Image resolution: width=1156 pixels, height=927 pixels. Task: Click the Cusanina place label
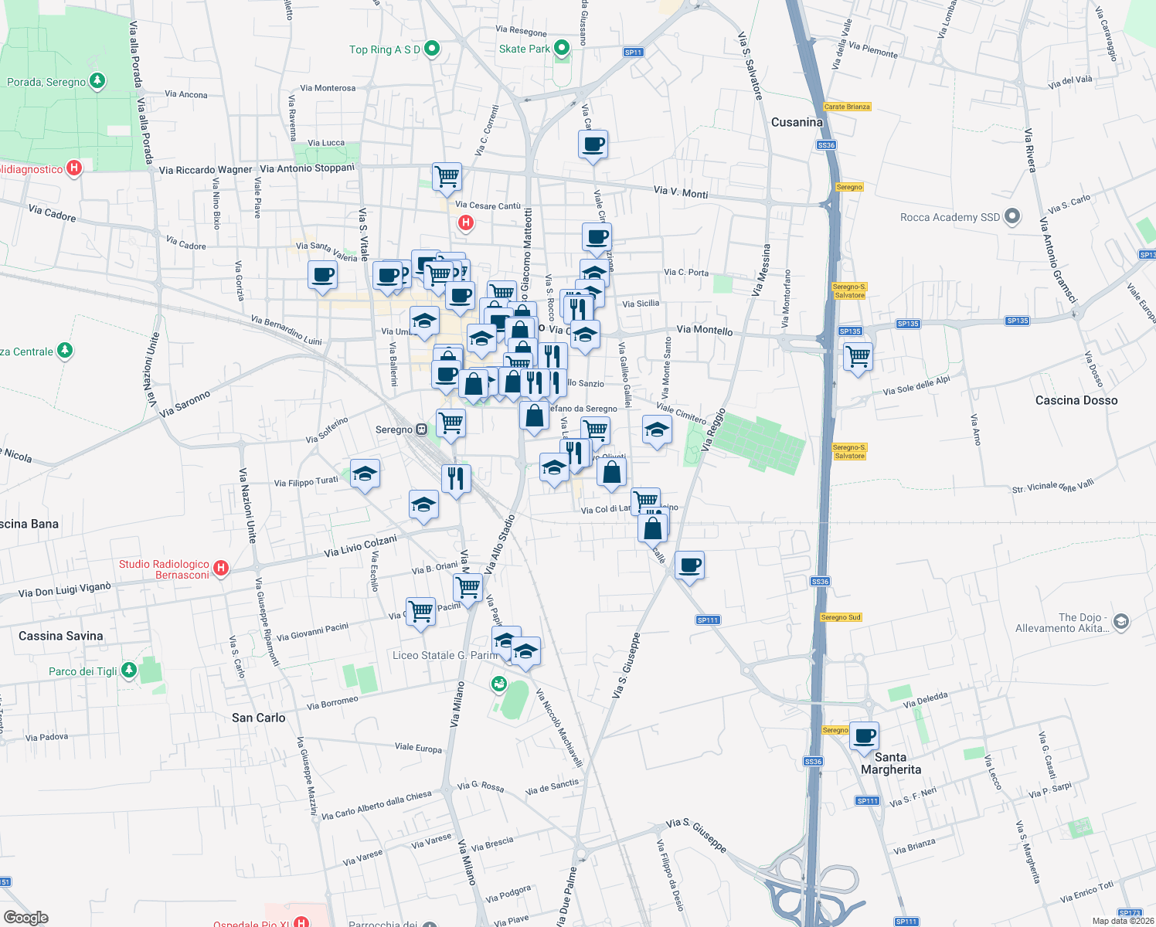[x=797, y=122]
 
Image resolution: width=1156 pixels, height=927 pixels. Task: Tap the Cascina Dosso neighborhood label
[x=1076, y=400]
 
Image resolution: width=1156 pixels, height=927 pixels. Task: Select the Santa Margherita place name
[x=891, y=763]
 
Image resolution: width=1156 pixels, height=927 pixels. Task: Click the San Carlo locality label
[x=258, y=718]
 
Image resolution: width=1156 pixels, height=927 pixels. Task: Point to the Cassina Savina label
[x=60, y=636]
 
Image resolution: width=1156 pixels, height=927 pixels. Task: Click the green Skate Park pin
[x=562, y=48]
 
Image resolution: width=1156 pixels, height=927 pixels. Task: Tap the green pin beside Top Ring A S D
[x=432, y=49]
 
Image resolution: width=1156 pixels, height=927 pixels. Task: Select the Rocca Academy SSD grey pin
[x=1012, y=217]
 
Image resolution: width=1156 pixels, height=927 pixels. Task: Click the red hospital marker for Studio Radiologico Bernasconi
[x=221, y=569]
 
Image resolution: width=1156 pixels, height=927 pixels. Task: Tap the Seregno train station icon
[x=422, y=430]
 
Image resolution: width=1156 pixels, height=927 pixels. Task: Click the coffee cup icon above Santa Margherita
[x=865, y=735]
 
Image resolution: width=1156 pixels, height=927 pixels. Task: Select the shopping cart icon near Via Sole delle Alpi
[x=858, y=357]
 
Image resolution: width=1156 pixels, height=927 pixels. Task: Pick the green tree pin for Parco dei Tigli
[x=129, y=670]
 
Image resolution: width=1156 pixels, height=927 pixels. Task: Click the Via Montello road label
[x=704, y=330]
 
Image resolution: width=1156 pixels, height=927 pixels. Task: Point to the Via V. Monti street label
[x=680, y=192]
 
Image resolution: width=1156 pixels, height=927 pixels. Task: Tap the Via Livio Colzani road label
[x=360, y=546]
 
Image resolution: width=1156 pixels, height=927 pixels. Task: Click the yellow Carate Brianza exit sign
[x=847, y=107]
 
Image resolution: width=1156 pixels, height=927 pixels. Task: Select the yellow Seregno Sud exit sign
[x=841, y=617]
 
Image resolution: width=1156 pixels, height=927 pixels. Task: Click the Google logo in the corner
[x=25, y=917]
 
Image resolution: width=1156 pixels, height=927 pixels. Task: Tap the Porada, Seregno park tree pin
[x=97, y=80]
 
